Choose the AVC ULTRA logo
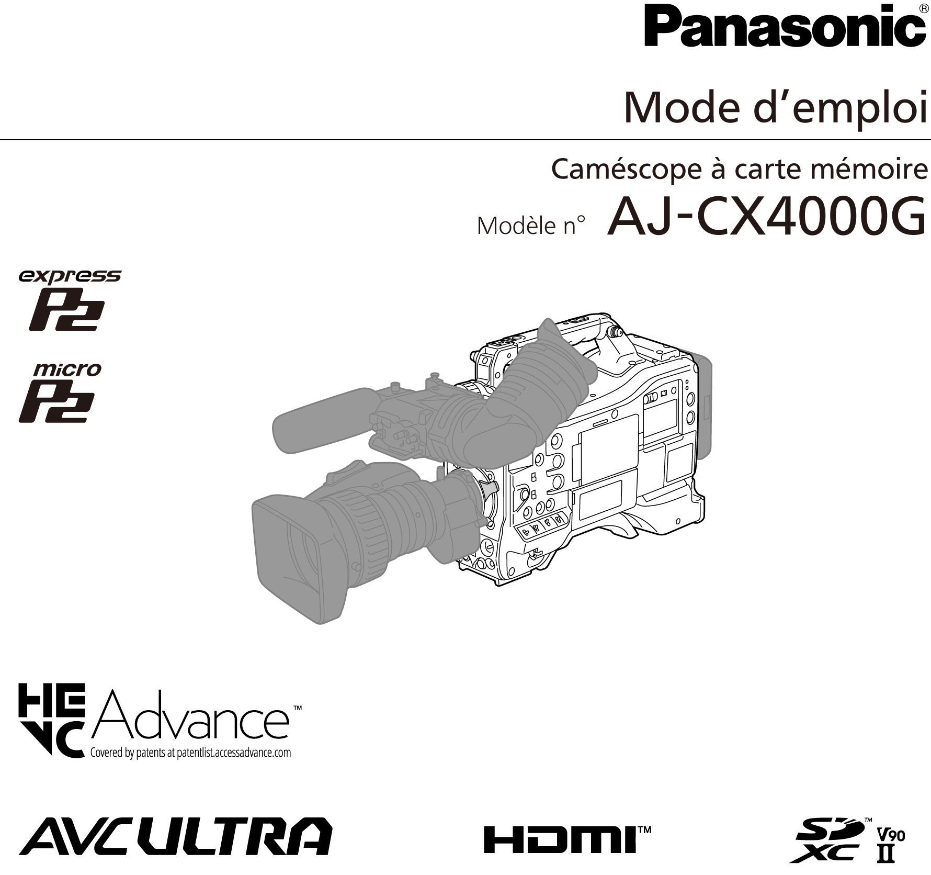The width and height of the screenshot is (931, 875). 175,835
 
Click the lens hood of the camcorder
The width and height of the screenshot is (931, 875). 298,557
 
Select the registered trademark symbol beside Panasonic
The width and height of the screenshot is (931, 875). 923,9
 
